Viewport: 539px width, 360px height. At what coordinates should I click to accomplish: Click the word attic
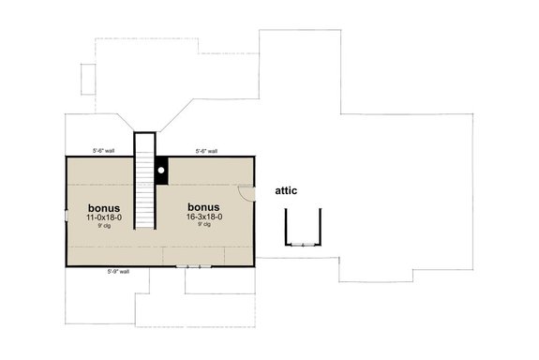click(x=286, y=190)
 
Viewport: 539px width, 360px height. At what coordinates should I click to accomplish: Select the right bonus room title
click(x=203, y=207)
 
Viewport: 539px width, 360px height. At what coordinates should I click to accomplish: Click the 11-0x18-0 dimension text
click(x=105, y=217)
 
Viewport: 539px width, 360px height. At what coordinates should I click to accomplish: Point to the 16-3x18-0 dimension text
click(x=203, y=217)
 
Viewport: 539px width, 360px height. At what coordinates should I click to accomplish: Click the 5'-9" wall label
click(x=118, y=271)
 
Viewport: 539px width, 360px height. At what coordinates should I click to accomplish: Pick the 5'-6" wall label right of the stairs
click(x=206, y=150)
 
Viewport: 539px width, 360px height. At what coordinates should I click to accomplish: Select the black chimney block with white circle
click(x=161, y=170)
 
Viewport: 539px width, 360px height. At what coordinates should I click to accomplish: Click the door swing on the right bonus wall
click(x=246, y=193)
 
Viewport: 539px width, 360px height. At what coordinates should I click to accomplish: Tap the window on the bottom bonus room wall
click(x=194, y=265)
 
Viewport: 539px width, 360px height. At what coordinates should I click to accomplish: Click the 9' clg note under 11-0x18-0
click(x=105, y=226)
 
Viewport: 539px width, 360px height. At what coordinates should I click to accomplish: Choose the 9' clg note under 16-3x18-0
click(x=203, y=226)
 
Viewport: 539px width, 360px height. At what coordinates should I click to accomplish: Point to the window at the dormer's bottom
click(x=302, y=244)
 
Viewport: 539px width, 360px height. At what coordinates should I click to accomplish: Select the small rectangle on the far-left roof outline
click(x=86, y=81)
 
